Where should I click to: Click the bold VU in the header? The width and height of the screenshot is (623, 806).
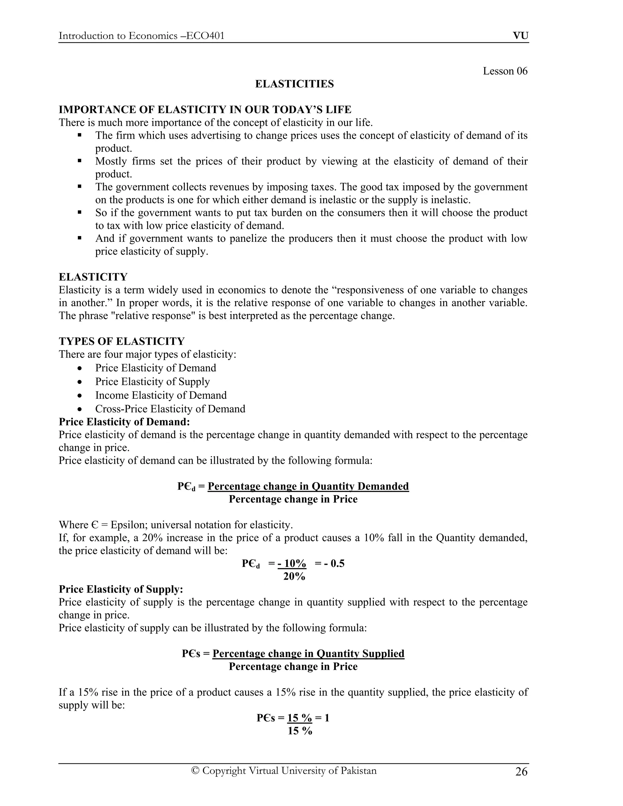click(520, 36)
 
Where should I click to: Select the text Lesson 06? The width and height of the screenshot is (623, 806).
click(505, 71)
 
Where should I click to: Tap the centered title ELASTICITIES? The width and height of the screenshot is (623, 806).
click(294, 84)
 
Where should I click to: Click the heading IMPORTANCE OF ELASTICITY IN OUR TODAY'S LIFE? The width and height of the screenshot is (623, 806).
click(205, 109)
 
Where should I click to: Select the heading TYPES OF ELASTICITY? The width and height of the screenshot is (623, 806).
click(121, 341)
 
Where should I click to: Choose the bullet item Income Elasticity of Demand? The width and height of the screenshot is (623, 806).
click(161, 395)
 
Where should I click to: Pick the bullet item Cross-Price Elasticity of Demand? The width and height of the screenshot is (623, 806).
click(170, 409)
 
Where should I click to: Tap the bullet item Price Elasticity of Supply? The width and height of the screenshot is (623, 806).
click(152, 382)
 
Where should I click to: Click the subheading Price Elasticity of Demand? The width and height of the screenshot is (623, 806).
click(124, 422)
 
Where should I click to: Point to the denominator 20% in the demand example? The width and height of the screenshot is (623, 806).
click(294, 576)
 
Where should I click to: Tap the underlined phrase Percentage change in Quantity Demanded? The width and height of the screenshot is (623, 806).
click(308, 486)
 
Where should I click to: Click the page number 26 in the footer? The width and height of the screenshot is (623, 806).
click(521, 772)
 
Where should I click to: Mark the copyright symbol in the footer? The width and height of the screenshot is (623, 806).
click(195, 771)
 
